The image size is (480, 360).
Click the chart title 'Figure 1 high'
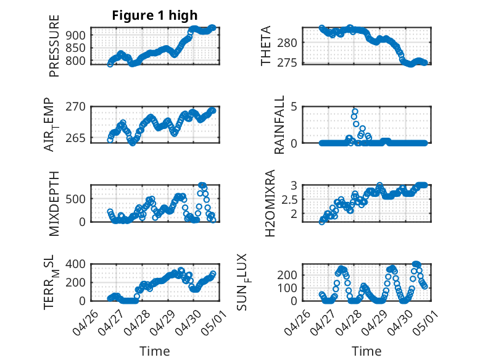click(x=155, y=15)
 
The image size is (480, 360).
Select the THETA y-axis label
click(x=266, y=46)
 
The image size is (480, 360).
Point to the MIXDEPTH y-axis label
click(x=54, y=203)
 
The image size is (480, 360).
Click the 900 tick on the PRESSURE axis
click(x=77, y=35)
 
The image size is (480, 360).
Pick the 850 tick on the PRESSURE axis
click(x=77, y=48)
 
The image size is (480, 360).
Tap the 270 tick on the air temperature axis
click(x=77, y=106)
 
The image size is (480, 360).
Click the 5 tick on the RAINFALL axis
click(x=295, y=106)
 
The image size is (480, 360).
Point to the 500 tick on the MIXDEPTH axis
click(x=77, y=199)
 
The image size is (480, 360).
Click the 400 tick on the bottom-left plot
click(x=77, y=264)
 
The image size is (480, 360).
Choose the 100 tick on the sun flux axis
click(x=289, y=288)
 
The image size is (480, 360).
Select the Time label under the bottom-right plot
click(x=366, y=351)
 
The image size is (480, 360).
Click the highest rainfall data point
click(x=355, y=112)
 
